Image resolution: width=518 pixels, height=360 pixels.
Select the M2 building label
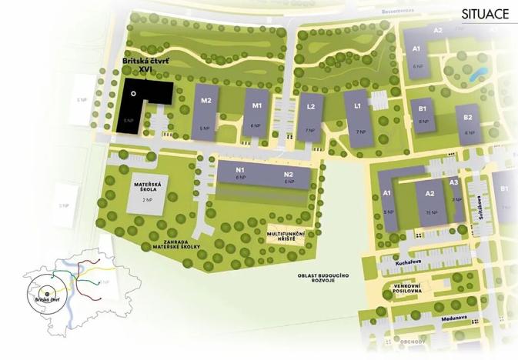click(x=206, y=101)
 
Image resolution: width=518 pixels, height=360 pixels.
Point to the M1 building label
click(x=258, y=105)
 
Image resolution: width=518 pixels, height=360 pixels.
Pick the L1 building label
click(x=358, y=105)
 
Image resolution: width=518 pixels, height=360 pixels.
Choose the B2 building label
click(x=467, y=118)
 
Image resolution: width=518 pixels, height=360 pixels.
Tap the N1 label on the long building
click(x=240, y=170)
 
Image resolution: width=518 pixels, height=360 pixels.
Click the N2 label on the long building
click(x=289, y=174)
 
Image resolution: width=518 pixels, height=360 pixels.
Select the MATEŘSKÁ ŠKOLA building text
click(x=145, y=187)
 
